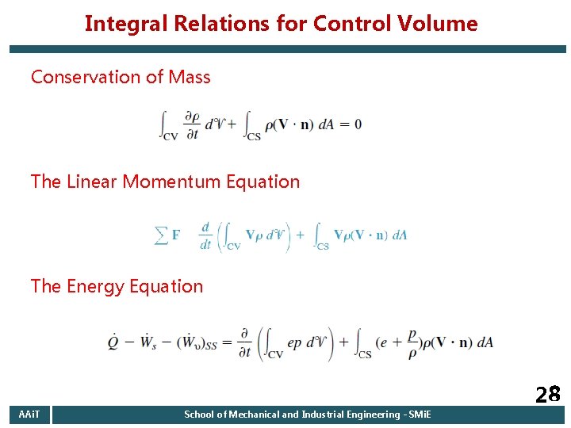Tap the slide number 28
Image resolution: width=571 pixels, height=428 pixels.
click(x=547, y=395)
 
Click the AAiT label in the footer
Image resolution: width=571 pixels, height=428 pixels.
click(x=29, y=415)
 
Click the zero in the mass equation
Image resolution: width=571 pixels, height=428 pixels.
click(x=358, y=124)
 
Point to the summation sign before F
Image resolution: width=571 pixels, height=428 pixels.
click(x=161, y=235)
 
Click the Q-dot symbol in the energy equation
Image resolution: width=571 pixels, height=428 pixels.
click(x=117, y=342)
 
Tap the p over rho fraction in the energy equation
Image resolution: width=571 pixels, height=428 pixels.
click(x=412, y=342)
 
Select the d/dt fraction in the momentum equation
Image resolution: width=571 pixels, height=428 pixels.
click(x=205, y=235)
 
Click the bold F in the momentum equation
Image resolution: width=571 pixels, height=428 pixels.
click(x=176, y=235)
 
